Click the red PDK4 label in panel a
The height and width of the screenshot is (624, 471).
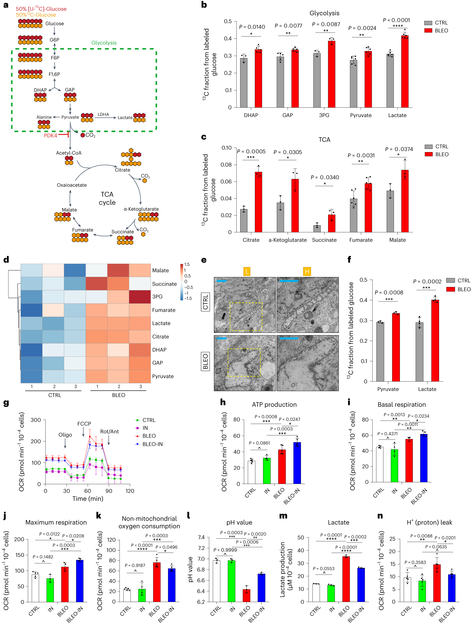(50, 135)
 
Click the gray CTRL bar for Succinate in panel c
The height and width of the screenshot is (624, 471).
(317, 228)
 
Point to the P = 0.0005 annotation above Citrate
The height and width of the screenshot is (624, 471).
(251, 151)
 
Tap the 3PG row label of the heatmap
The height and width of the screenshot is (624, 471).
(157, 297)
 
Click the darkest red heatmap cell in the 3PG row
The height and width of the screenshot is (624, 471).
(140, 297)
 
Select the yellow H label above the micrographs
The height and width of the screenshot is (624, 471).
(307, 271)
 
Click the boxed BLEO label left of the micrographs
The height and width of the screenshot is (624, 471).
(205, 361)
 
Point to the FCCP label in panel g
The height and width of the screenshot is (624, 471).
(84, 424)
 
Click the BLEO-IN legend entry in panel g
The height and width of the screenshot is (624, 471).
(152, 444)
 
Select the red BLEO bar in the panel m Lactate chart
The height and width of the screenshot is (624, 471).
(346, 579)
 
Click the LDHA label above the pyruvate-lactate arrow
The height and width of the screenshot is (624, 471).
(103, 114)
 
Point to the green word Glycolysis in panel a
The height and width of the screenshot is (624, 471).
(104, 43)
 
